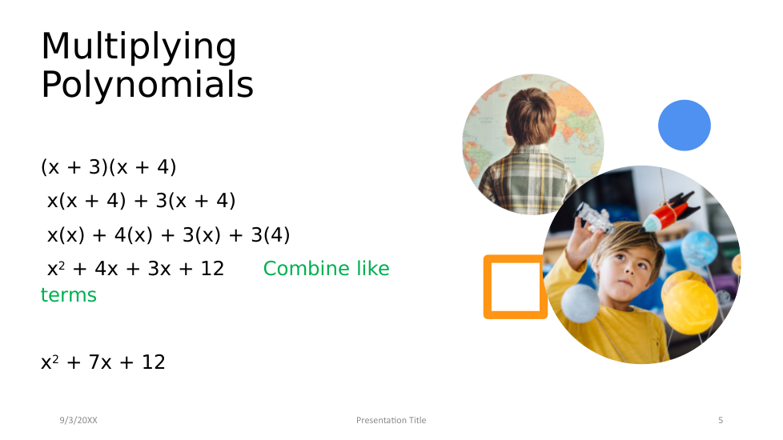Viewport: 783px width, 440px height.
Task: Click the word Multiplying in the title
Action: [x=139, y=47]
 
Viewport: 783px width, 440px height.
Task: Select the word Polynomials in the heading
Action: [x=147, y=84]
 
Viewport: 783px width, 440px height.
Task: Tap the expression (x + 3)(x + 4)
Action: [x=108, y=167]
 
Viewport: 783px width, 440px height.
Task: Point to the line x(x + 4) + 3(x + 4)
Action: [x=141, y=201]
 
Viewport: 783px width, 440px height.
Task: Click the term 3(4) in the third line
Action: [x=270, y=235]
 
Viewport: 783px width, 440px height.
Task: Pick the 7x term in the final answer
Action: [x=100, y=362]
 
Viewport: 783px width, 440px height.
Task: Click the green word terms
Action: [x=68, y=295]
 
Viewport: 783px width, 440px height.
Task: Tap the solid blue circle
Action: [x=685, y=126]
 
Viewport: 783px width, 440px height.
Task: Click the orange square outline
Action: [x=488, y=287]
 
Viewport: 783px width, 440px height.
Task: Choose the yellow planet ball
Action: [x=690, y=306]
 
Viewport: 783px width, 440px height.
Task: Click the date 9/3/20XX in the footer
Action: [x=78, y=420]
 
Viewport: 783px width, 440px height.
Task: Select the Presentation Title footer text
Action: [x=391, y=420]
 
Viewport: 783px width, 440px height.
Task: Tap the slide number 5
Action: [x=721, y=420]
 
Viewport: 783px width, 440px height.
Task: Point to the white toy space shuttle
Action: [x=595, y=218]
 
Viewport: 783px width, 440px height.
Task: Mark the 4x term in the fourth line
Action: [x=106, y=269]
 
